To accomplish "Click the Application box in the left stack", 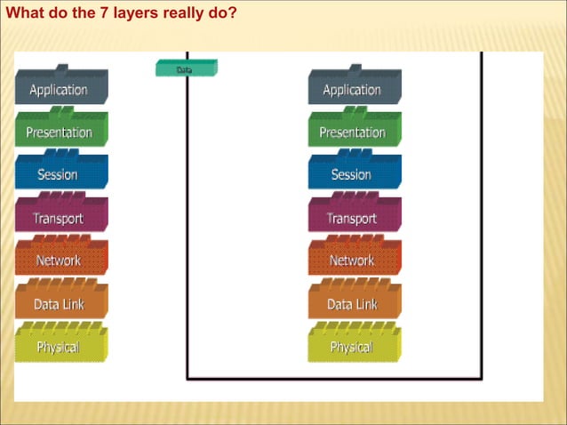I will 60,89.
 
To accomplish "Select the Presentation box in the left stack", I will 60,132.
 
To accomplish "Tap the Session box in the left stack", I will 60,174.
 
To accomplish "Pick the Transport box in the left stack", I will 60,217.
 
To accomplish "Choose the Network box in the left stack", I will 60,260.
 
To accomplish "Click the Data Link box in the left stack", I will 60,303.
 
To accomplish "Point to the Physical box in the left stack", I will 60,346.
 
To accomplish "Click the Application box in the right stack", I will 353,89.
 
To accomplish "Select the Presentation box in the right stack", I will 353,132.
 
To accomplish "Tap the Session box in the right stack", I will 353,174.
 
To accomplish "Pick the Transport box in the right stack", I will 353,217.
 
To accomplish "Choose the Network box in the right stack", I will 353,260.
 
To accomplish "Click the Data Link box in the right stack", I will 353,303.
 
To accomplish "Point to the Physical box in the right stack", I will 353,346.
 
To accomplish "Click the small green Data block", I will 186,68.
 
